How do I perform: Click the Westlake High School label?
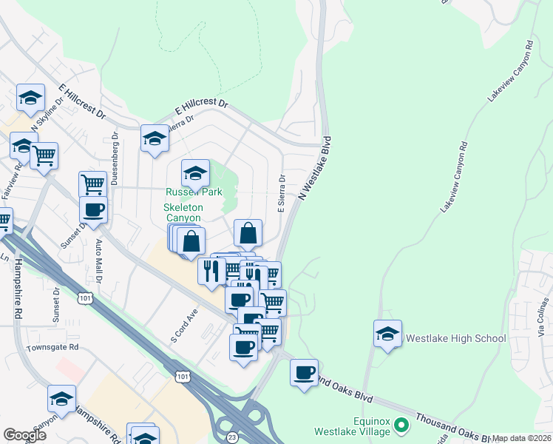pos(455,338)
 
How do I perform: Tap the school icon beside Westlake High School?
pos(387,334)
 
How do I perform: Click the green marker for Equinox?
pos(401,425)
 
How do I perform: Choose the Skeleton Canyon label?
pos(182,213)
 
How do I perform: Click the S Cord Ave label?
pos(186,326)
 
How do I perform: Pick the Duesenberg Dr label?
pos(116,156)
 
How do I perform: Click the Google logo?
pos(24,435)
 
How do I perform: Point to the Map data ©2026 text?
pos(522,438)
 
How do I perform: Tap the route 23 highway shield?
pos(232,437)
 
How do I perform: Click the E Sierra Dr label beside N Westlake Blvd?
pos(282,195)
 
